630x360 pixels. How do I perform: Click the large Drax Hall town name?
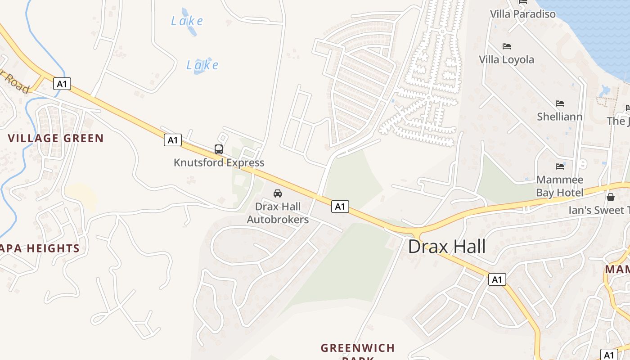pos(447,247)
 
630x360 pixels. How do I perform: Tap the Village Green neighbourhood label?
pos(56,138)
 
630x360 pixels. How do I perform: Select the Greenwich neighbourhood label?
pos(358,348)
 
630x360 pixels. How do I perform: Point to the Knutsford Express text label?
pos(219,162)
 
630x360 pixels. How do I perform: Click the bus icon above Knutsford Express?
pos(219,149)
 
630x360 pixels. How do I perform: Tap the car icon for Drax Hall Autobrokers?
pos(278,193)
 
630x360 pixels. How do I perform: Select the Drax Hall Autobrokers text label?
pos(278,213)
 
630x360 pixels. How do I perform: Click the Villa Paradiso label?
pos(522,14)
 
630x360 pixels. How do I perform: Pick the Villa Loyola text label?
pos(506,59)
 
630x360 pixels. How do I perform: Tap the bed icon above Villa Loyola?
pos(506,46)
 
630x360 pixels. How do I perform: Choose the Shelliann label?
pos(559,117)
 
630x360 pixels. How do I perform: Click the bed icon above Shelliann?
pos(559,103)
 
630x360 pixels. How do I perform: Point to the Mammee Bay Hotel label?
pos(559,186)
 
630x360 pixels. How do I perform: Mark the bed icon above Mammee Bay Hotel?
pos(559,166)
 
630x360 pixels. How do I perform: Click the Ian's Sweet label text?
pos(598,210)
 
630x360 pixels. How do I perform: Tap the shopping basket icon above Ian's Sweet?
pos(611,197)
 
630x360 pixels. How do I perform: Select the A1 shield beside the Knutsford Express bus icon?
pos(172,140)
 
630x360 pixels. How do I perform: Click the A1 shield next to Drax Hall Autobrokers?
pos(340,207)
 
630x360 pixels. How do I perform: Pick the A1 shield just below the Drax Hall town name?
pos(497,279)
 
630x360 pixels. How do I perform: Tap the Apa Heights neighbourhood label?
pos(40,248)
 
